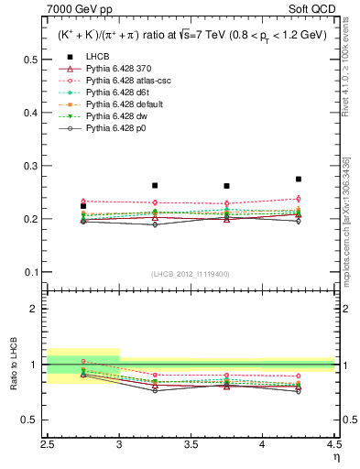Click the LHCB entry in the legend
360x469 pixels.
(96, 56)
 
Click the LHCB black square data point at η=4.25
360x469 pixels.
(299, 180)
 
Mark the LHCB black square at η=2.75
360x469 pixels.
(83, 206)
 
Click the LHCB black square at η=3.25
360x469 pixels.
(155, 185)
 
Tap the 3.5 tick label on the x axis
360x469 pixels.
(191, 443)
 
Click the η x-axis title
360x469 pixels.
(336, 455)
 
